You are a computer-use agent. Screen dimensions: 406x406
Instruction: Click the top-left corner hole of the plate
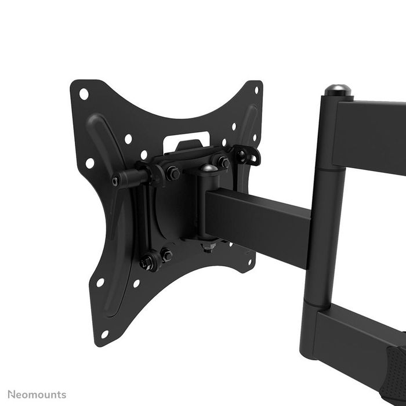84,93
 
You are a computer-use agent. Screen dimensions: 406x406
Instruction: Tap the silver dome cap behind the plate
209,169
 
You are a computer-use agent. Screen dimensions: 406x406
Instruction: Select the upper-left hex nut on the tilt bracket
172,173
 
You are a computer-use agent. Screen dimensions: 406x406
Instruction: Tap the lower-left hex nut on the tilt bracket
147,262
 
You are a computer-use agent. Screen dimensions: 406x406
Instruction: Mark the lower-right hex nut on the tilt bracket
166,254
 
